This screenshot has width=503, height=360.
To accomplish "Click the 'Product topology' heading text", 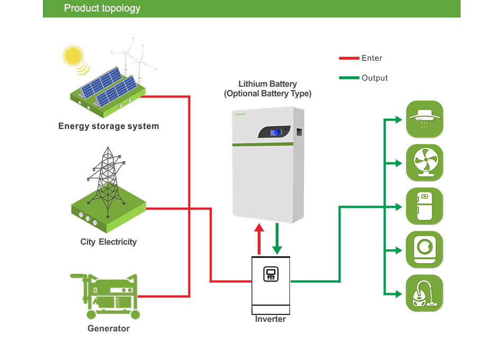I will pos(102,8).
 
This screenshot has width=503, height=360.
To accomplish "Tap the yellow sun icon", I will pos(73,55).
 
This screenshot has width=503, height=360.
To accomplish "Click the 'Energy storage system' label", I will pos(109,126).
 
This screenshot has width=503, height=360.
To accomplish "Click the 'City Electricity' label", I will pos(109,242).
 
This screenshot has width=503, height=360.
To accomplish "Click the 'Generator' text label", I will pos(109,328).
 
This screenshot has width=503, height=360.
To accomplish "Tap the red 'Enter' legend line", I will pos(348,58).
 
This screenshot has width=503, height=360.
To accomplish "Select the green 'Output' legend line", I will pos(348,78).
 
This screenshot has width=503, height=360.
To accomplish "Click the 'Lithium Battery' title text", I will pos(267,84).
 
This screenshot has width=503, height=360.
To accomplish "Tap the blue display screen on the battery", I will pos(275,132).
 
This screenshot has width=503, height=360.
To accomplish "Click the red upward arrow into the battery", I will pos(259,239).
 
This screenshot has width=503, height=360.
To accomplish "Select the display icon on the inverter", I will pos(271,274).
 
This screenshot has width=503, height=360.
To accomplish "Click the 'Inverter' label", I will pos(270,319).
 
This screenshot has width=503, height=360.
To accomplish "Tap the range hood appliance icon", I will pos(424,119).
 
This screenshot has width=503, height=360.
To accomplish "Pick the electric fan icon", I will pos(424,163).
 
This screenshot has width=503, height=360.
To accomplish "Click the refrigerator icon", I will pos(424,206).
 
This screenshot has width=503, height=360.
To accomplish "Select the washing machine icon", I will pos(424,249).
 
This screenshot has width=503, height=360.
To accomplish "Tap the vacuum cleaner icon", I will pos(424,293).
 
